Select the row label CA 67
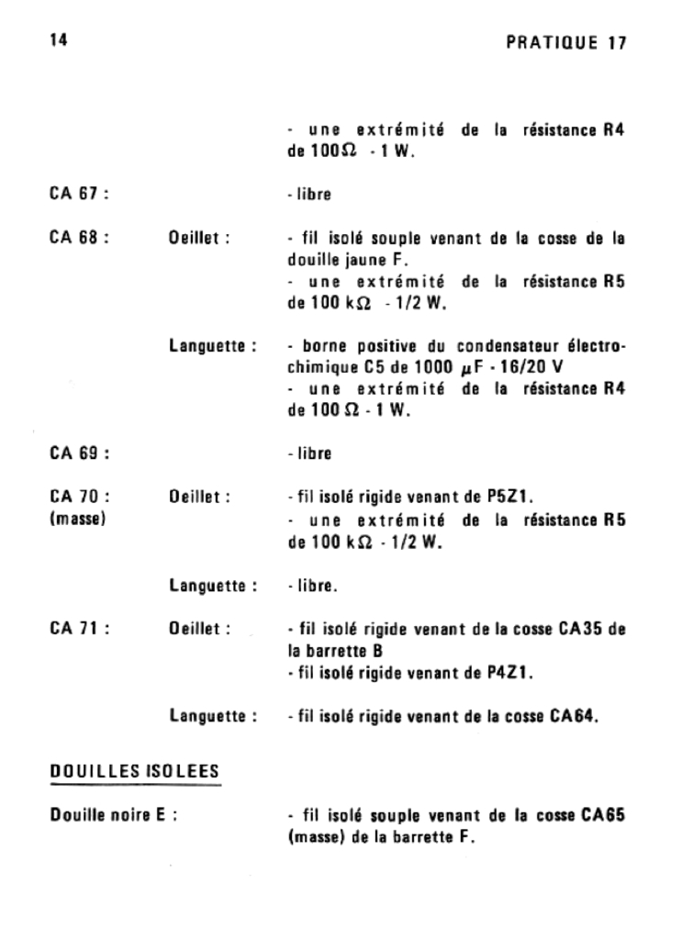80,195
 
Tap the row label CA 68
80,237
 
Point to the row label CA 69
80,453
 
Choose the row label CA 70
80,497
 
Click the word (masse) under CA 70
77,519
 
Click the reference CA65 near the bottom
603,816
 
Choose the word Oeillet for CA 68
198,237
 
